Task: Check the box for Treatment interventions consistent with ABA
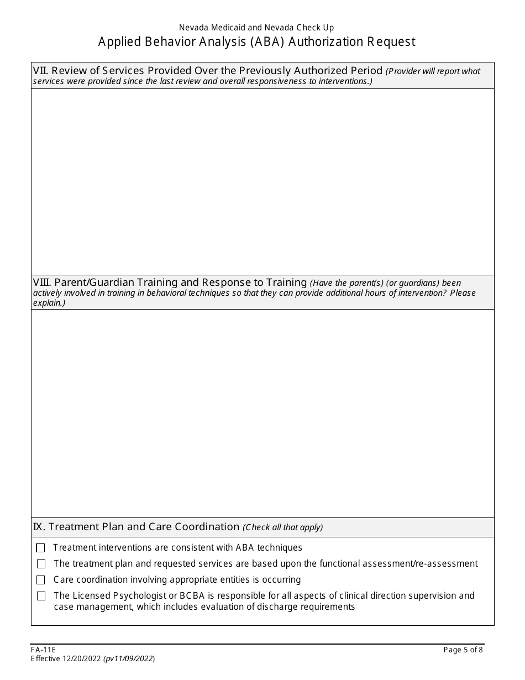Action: coord(40,548)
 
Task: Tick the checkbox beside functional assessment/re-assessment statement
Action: coord(41,564)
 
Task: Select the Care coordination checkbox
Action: coord(41,580)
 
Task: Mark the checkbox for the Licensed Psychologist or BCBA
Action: coord(41,596)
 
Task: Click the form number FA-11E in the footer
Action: coord(43,650)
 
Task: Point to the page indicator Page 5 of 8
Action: coord(463,650)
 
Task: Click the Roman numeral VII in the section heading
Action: coord(39,71)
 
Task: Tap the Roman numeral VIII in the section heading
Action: coord(41,283)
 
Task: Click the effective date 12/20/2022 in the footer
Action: coord(83,659)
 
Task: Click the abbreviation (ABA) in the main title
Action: coord(267,42)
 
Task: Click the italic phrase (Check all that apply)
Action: coord(283,527)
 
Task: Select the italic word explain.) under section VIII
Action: coord(49,303)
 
